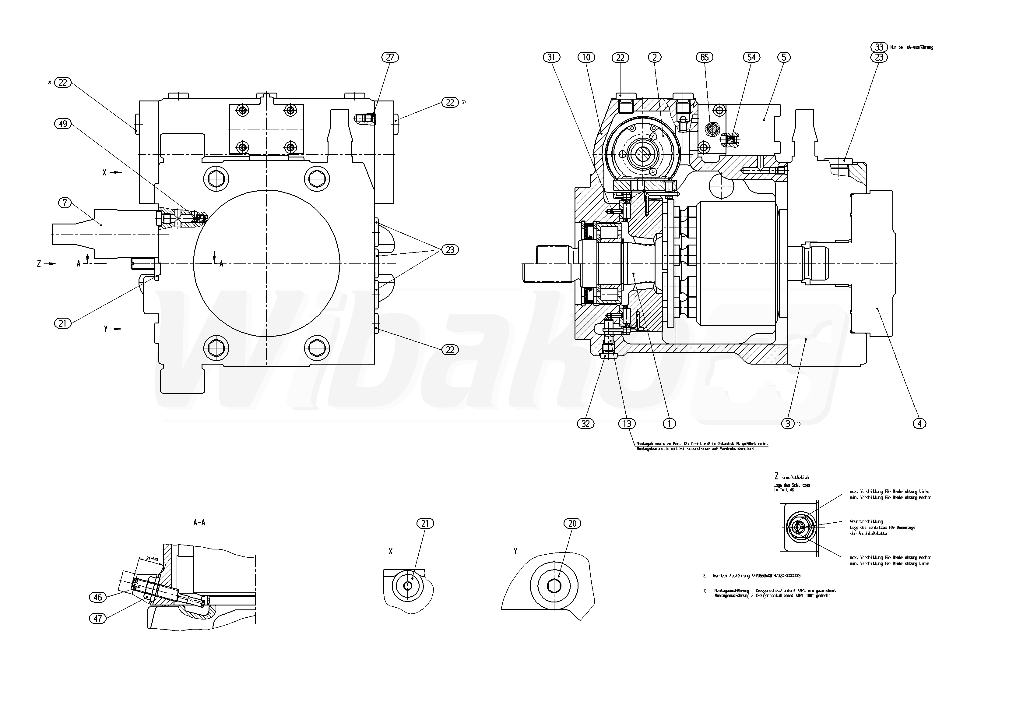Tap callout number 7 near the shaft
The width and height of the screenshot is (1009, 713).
coord(65,203)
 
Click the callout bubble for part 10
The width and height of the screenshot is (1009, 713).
coord(586,57)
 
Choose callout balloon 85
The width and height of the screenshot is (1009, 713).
coord(705,57)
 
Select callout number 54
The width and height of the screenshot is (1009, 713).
coord(751,57)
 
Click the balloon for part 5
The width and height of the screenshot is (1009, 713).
coord(784,57)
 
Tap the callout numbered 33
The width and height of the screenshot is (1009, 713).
coord(878,47)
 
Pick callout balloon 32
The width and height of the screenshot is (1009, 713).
coord(585,423)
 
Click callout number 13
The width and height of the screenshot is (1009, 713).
coord(627,423)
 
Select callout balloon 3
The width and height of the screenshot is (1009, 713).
coord(788,423)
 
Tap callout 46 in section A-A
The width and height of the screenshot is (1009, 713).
coord(97,597)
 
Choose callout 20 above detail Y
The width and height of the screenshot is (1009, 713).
coord(572,523)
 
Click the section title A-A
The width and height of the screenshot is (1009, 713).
coord(199,523)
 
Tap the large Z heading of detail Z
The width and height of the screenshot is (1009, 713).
coord(776,476)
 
